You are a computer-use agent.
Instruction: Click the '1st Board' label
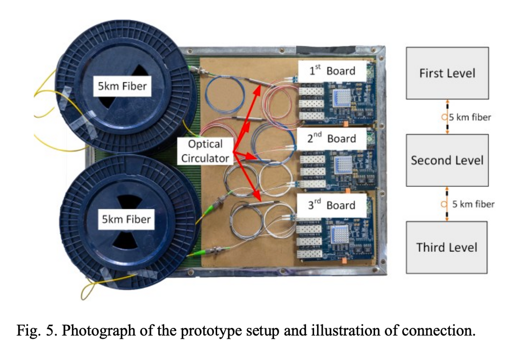333,71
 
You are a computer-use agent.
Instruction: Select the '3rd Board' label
334,205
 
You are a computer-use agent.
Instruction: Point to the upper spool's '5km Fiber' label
123,86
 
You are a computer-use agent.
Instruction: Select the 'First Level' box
447,73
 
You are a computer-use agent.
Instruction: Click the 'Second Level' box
447,160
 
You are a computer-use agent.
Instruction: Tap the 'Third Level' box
447,247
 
